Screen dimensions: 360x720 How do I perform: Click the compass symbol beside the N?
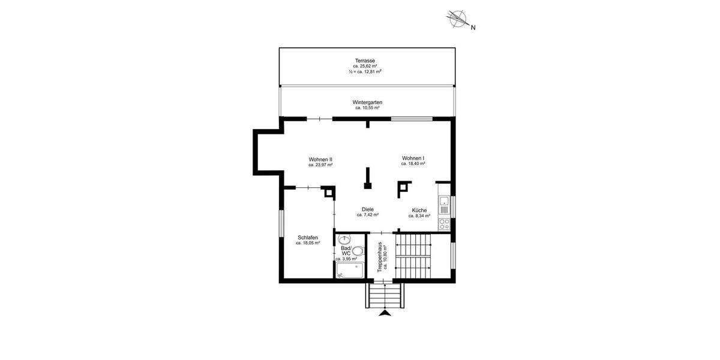459,19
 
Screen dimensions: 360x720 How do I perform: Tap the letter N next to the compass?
473,27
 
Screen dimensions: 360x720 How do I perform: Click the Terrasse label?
365,61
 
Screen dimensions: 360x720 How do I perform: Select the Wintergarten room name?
367,103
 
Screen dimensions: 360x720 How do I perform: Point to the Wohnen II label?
320,159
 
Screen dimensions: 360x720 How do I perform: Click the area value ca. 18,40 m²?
413,164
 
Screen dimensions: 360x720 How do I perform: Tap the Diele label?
368,209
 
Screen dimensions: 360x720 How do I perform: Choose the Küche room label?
419,210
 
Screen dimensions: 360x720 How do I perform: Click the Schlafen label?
307,238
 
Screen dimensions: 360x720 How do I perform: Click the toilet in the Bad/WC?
358,251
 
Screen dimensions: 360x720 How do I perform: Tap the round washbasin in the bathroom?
343,239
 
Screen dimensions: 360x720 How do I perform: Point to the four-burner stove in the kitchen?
444,224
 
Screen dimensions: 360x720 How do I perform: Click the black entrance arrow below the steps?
385,312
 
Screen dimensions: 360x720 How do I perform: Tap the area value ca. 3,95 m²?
346,259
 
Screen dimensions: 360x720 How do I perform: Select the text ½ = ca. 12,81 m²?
365,71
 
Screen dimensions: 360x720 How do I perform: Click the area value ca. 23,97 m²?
320,164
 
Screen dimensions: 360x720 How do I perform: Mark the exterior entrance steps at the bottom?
385,295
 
